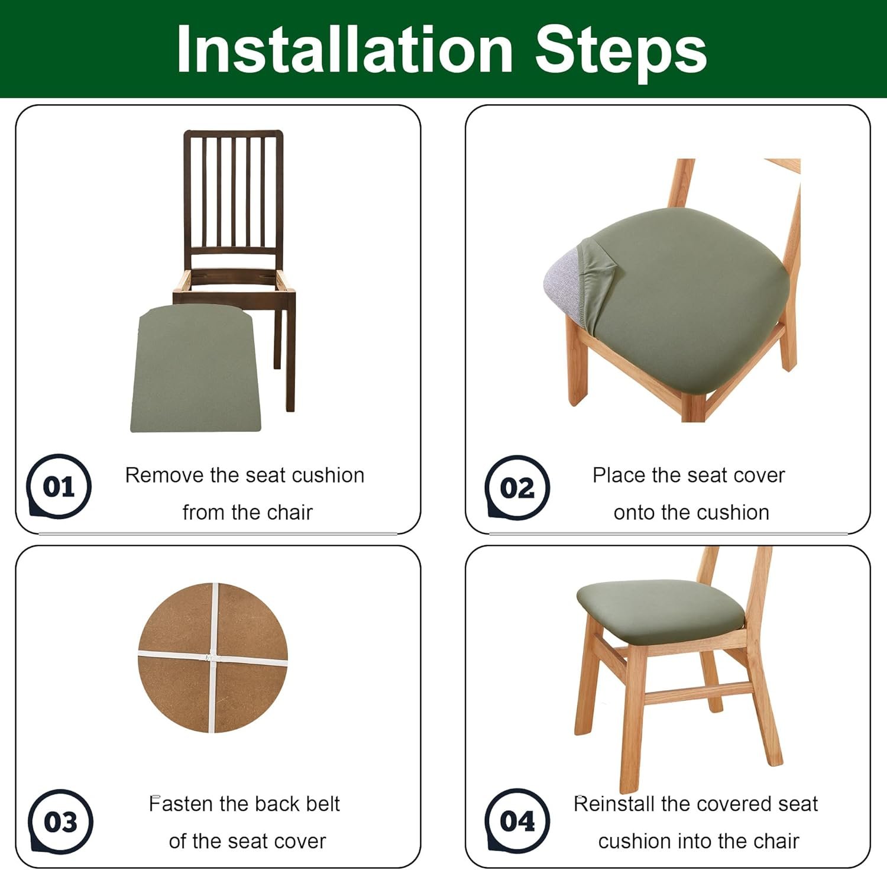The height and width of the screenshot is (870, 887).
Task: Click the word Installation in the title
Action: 345,50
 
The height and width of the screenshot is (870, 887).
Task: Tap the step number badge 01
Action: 59,486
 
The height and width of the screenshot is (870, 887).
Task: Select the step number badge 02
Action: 517,487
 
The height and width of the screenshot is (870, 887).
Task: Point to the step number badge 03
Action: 60,822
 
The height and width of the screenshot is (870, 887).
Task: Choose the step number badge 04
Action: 517,821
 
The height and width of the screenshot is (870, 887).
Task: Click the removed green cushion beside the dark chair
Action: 196,368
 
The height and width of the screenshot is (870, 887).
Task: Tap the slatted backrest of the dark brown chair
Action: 234,192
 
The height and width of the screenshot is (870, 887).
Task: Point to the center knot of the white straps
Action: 210,657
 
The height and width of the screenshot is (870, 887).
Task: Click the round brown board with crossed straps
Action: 213,658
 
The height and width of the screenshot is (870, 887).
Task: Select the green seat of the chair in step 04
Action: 660,611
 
